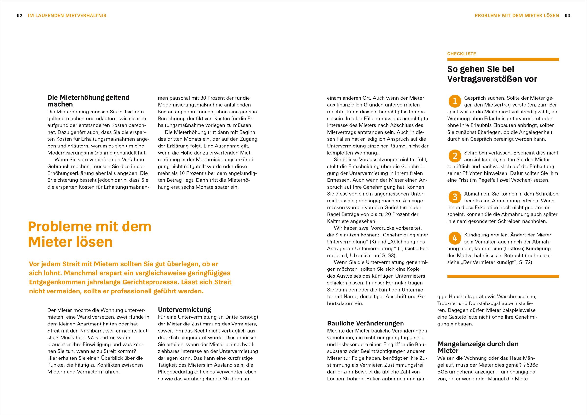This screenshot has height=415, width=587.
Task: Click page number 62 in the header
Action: (x=19, y=16)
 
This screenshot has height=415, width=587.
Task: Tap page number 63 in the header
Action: (x=568, y=16)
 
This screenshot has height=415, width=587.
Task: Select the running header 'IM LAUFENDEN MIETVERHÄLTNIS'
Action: (x=67, y=16)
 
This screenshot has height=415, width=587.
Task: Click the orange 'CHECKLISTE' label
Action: (x=461, y=54)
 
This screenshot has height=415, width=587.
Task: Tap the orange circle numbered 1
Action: (x=455, y=101)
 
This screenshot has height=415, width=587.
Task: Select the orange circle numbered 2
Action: (x=455, y=156)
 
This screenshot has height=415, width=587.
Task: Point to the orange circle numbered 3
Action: (x=455, y=197)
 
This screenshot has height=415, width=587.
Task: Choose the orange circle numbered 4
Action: (x=455, y=238)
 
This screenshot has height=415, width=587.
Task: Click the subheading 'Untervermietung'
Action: (x=184, y=310)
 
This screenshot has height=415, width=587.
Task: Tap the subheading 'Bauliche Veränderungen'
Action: (x=365, y=323)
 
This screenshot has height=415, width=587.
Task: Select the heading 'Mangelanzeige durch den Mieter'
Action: (x=478, y=347)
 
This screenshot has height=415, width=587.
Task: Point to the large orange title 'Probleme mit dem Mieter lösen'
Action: (x=90, y=234)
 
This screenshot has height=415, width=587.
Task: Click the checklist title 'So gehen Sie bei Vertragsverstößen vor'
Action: (x=492, y=74)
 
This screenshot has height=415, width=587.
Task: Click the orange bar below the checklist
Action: (x=503, y=276)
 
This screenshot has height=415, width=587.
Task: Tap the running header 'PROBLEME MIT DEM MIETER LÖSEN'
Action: (x=517, y=16)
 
